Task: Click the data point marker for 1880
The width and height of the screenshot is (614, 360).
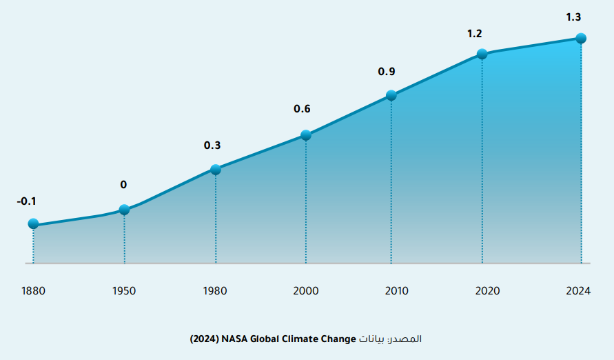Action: [33, 223]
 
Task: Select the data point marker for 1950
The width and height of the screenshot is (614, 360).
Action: [124, 210]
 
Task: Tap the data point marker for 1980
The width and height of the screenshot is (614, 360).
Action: [216, 170]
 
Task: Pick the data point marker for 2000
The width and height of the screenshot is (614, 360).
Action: [306, 135]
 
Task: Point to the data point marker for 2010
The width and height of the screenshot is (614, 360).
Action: [391, 95]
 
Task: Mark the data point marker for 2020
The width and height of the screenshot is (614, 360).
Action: [482, 54]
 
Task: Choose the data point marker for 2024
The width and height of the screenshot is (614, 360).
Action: [581, 38]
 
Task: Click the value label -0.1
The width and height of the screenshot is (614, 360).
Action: [26, 201]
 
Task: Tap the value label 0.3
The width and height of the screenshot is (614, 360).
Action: [212, 146]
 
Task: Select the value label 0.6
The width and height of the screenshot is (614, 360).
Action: [303, 109]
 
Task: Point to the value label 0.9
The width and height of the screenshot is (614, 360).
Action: [387, 71]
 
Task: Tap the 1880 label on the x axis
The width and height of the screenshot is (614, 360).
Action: [33, 290]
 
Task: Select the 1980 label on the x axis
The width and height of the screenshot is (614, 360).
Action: [216, 290]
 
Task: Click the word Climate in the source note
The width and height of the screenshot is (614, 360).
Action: [305, 339]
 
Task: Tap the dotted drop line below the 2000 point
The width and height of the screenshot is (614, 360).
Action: [306, 200]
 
